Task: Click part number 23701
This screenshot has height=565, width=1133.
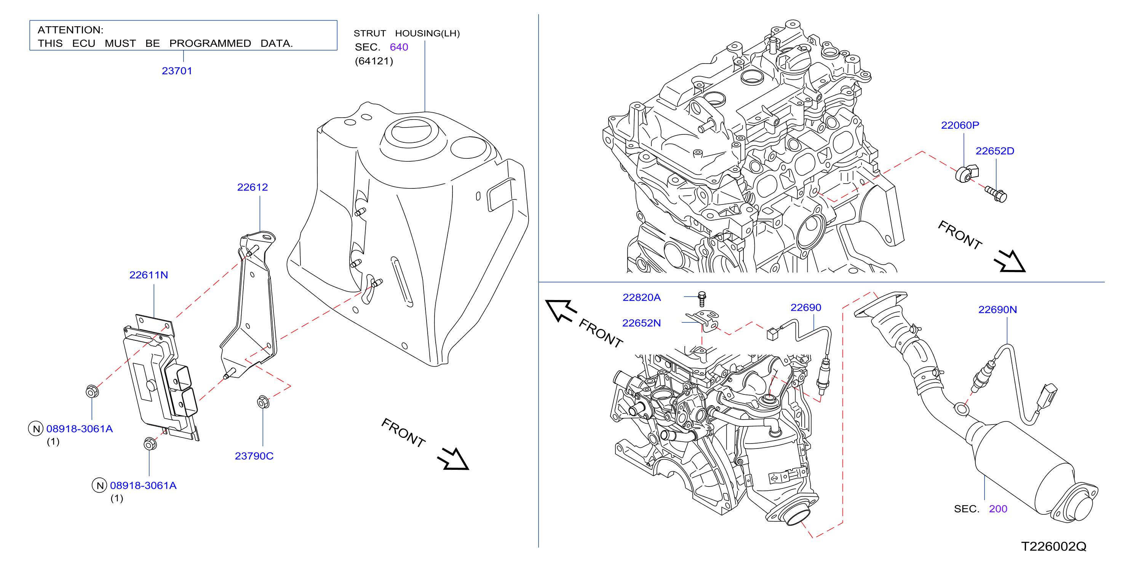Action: (x=177, y=71)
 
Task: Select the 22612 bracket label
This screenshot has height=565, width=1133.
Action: (x=252, y=187)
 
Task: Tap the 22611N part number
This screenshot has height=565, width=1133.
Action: (x=149, y=275)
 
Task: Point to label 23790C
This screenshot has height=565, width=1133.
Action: (x=254, y=456)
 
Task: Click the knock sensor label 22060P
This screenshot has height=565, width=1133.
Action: (x=960, y=125)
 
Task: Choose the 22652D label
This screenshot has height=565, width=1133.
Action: (x=995, y=151)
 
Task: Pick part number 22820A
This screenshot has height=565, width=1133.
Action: (x=642, y=298)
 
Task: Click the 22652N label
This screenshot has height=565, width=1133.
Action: (x=642, y=323)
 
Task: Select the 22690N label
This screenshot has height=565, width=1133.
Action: (x=997, y=310)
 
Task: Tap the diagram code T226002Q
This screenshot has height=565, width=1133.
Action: (x=1053, y=546)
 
